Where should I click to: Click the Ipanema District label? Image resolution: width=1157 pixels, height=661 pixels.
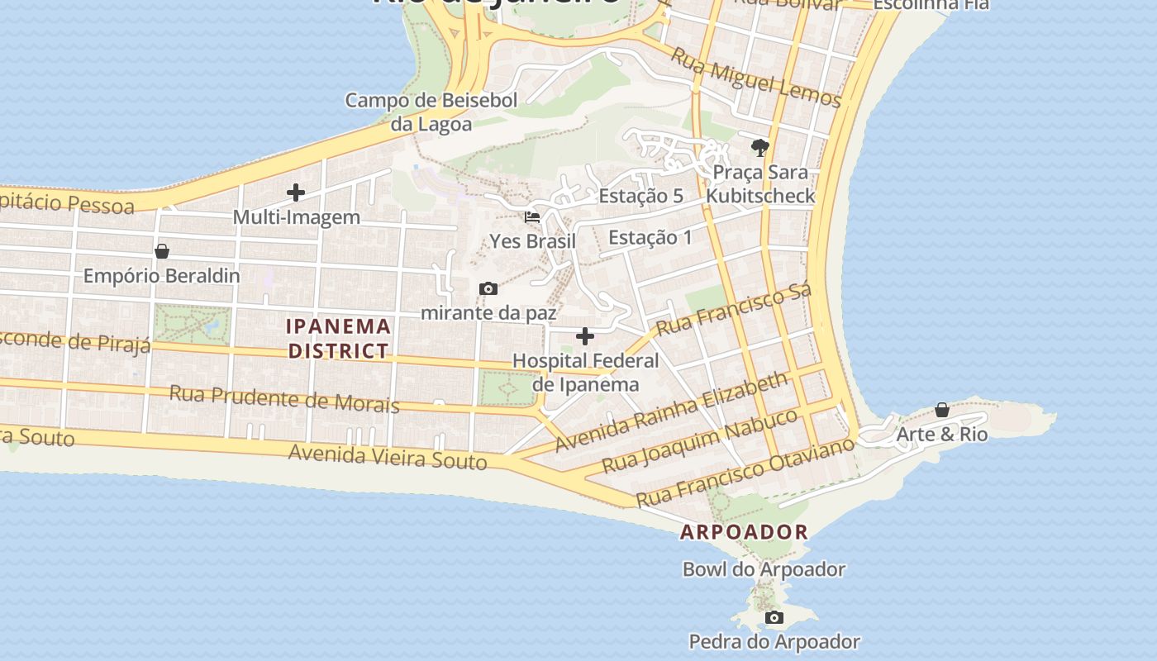click(339, 338)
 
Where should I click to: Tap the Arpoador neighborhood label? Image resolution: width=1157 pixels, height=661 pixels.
click(744, 532)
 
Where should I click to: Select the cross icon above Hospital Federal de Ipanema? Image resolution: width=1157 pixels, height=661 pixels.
click(585, 336)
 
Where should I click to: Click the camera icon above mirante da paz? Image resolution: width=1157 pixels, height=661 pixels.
click(488, 288)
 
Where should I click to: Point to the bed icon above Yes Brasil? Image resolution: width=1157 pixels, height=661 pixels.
click(532, 217)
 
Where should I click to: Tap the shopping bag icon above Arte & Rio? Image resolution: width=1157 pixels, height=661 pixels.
click(941, 410)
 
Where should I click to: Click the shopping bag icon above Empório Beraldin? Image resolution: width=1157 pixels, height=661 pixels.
click(162, 251)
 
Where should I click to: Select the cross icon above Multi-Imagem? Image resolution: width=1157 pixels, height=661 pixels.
click(296, 193)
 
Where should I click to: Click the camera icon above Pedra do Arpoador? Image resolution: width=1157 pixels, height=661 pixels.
click(774, 617)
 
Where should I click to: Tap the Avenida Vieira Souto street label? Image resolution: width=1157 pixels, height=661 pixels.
click(388, 456)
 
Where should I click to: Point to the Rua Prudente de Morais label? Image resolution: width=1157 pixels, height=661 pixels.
click(284, 398)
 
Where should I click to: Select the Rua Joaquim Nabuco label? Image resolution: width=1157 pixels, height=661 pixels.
click(700, 440)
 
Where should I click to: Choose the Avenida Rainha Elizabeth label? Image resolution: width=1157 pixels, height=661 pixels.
click(672, 411)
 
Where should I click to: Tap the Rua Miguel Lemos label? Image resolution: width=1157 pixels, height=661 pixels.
click(755, 78)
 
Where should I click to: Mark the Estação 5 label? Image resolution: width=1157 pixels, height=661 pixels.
click(640, 196)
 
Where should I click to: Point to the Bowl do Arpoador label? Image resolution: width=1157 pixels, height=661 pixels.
click(764, 569)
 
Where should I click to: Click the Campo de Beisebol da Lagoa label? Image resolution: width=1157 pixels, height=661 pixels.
click(431, 112)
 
